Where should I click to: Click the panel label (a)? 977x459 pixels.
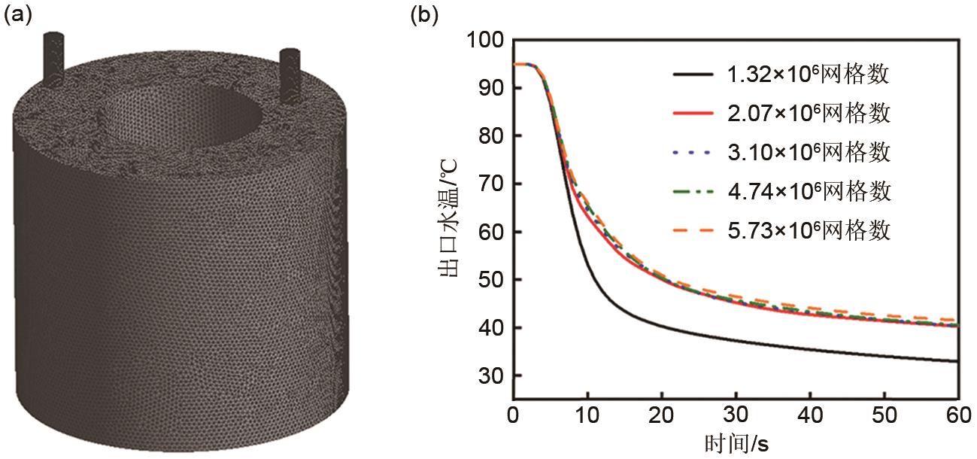[19, 16]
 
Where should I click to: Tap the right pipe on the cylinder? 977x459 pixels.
[289, 74]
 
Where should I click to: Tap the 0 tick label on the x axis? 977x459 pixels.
[513, 415]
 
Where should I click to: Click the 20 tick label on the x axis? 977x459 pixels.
[661, 415]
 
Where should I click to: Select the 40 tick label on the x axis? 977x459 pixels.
[809, 415]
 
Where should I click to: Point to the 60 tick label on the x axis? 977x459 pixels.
[957, 415]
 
